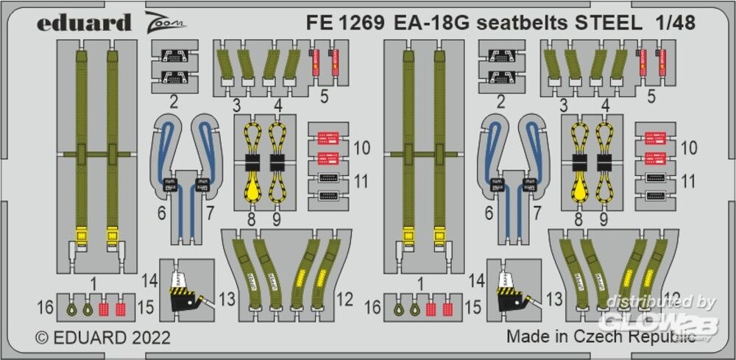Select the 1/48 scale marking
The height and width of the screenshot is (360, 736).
[x=674, y=22]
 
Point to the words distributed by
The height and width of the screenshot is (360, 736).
[x=655, y=301]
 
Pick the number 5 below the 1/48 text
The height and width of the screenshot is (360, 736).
[x=650, y=96]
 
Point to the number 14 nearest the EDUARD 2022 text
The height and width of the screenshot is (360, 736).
[x=151, y=280]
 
